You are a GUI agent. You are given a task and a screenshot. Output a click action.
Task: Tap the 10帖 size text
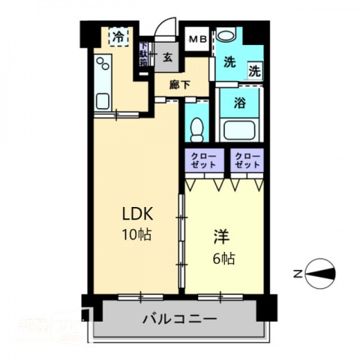(137, 234)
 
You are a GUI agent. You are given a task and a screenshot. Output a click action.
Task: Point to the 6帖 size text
(223, 259)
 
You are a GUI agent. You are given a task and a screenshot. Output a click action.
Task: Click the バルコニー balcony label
(180, 319)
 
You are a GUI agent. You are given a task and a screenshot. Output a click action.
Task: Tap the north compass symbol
(320, 274)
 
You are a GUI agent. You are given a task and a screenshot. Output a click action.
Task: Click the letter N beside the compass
(298, 274)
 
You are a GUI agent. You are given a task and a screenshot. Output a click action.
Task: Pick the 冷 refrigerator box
(118, 36)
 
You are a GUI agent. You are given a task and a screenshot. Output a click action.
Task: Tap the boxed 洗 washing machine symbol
(255, 72)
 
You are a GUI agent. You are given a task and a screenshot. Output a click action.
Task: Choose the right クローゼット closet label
(247, 160)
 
